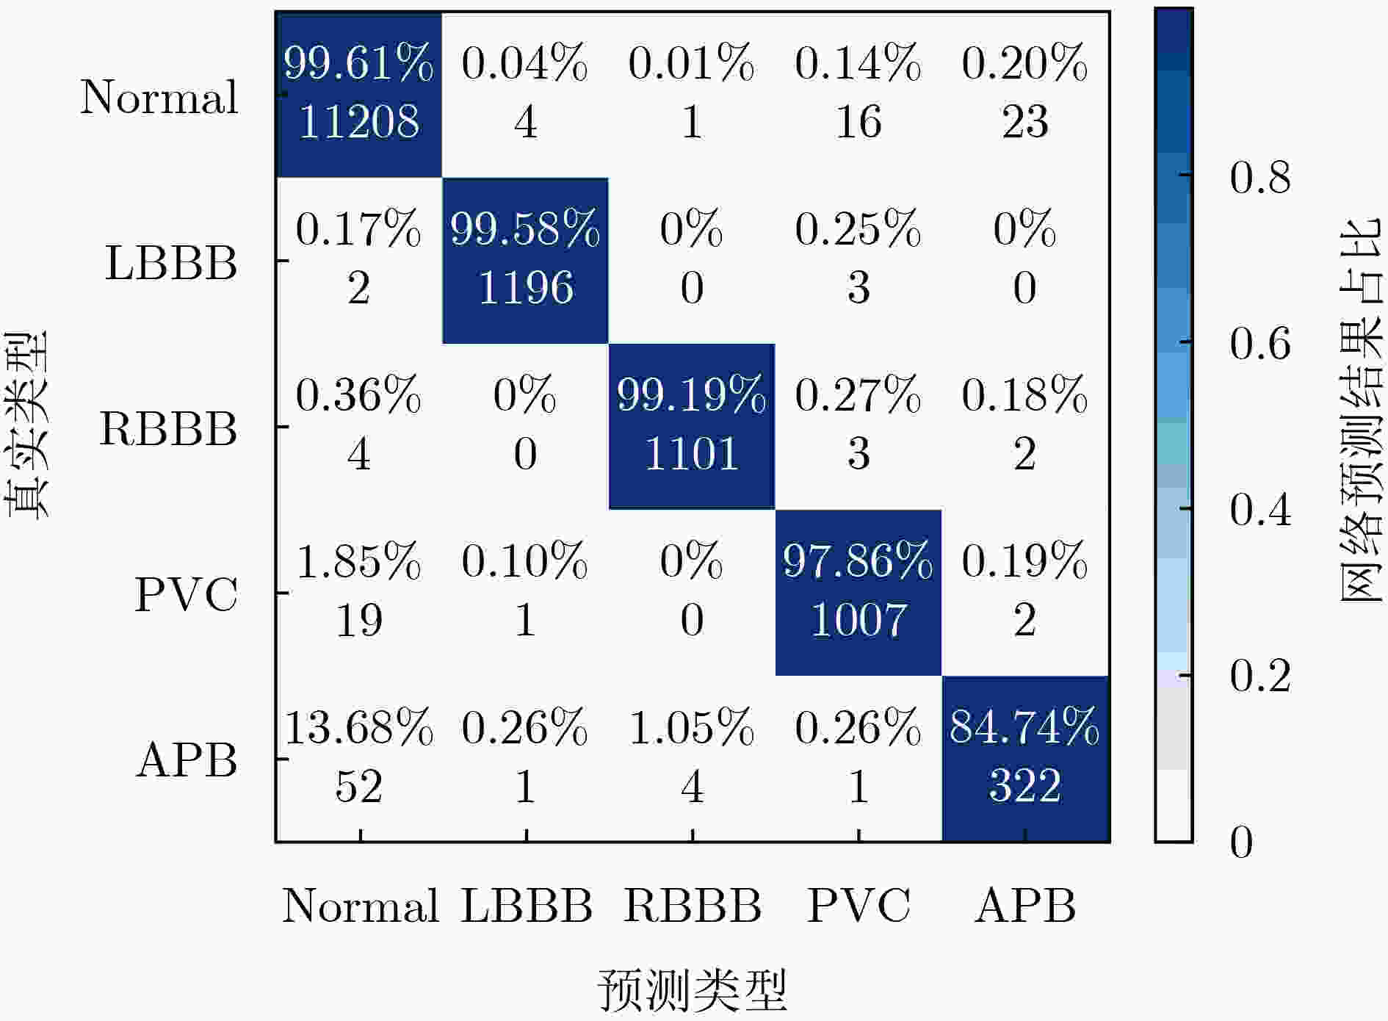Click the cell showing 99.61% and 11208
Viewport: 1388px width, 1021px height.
359,94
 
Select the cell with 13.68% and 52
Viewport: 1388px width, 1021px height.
359,758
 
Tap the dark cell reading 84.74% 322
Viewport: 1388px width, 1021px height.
1025,758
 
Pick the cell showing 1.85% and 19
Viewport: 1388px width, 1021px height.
359,592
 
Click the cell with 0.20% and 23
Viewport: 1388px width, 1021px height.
1025,94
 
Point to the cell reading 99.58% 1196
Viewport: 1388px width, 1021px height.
525,260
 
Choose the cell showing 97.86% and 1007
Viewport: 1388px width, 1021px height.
859,592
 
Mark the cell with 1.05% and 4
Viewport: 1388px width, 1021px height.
692,758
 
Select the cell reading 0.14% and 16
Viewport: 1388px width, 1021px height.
859,94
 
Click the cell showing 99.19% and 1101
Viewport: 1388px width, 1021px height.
692,426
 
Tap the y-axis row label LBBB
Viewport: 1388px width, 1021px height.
171,262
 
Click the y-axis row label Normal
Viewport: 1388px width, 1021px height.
159,96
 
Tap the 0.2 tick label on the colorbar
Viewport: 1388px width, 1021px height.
1260,675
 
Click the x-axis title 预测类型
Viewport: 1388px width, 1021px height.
693,989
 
